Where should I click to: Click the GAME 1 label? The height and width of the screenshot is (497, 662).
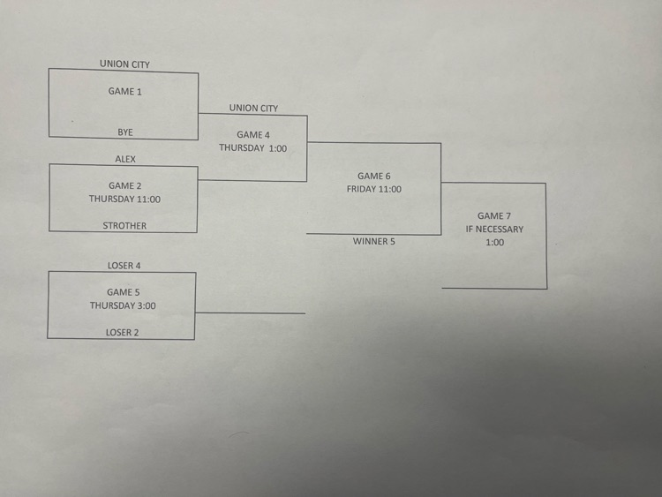124,91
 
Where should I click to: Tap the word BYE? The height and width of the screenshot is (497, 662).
125,132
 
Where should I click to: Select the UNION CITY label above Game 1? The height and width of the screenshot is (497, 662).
124,64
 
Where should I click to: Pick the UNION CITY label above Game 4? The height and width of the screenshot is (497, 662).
253,108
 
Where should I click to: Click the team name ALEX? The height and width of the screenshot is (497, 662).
125,159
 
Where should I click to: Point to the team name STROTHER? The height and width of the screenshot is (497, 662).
124,225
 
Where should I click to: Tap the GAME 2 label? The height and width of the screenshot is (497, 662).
124,185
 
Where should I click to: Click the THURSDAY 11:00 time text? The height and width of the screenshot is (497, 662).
124,199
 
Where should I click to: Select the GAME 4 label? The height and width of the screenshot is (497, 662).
253,135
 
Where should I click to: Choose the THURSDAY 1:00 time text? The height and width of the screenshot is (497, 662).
253,148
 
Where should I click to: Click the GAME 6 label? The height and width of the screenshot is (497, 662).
374,176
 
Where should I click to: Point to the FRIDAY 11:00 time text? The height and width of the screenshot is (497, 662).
374,189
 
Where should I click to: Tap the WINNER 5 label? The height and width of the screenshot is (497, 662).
374,241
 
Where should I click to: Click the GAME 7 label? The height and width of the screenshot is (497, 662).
494,215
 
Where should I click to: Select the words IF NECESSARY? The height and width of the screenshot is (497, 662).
494,229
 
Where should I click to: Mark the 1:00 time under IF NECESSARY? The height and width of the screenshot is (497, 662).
494,242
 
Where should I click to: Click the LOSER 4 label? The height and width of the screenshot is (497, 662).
123,265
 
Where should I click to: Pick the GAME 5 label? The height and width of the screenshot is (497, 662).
123,292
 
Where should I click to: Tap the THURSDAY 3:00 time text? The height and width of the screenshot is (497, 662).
123,305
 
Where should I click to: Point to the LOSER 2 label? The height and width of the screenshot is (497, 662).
123,332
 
